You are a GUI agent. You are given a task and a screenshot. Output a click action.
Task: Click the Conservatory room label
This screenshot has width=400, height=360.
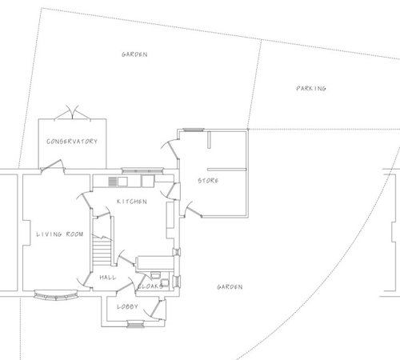click(72, 142)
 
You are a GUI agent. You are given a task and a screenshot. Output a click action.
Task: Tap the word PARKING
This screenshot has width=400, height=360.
click(311, 88)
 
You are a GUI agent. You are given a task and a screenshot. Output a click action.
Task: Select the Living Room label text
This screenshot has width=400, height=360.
click(60, 234)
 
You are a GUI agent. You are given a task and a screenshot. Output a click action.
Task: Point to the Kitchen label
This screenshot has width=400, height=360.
click(132, 202)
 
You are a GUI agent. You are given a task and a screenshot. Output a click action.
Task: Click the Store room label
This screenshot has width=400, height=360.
click(208, 181)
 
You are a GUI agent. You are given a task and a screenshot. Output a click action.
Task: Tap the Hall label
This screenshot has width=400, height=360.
click(108, 278)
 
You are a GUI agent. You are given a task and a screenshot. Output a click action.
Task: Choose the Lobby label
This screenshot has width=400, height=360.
click(127, 306)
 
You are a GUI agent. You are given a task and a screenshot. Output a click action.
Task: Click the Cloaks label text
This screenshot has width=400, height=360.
click(150, 286)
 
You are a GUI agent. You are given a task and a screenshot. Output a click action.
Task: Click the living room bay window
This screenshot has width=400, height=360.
click(56, 295)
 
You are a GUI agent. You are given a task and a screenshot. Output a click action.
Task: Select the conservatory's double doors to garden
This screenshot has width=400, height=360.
click(72, 112)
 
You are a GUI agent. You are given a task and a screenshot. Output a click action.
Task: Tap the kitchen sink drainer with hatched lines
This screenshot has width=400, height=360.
click(113, 182)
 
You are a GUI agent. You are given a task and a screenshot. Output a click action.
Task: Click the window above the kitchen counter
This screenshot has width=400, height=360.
click(142, 170)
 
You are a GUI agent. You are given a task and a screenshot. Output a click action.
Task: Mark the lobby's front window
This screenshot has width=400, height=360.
click(135, 324)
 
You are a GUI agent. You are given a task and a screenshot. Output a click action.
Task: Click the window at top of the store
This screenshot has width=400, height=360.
click(194, 130)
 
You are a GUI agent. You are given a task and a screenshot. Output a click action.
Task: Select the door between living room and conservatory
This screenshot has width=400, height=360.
click(53, 166)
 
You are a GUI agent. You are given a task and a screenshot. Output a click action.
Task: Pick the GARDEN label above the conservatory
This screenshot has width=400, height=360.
click(134, 54)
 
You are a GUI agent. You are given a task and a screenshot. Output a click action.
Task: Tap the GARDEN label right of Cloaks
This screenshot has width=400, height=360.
click(230, 287)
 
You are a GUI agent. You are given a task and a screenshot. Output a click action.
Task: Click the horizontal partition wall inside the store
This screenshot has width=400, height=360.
click(227, 170)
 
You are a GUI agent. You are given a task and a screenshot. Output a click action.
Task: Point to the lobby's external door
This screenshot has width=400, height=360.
click(154, 309)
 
